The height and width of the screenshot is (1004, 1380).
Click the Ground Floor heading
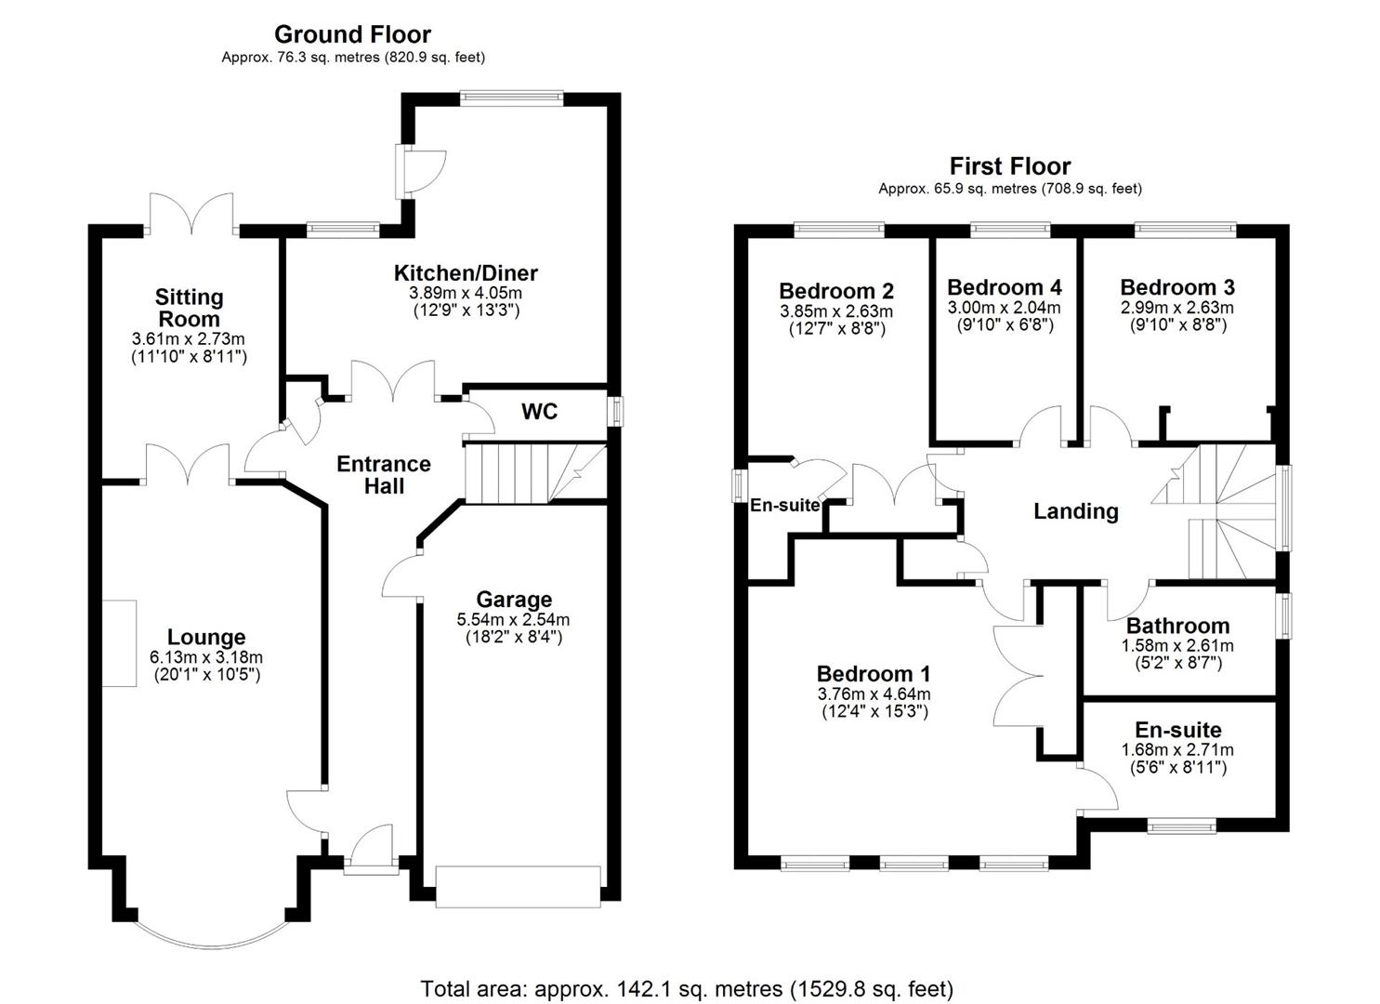[352, 35]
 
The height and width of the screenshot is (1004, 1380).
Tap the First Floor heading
[1009, 166]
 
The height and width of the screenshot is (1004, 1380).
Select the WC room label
[539, 412]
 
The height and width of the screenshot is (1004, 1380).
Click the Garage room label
[513, 600]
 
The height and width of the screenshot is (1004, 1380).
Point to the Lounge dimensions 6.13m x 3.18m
[206, 657]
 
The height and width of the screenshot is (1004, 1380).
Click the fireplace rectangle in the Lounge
[119, 643]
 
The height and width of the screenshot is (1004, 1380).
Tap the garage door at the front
[518, 886]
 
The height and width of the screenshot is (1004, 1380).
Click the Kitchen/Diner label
[466, 273]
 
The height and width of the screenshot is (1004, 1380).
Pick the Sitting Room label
[189, 308]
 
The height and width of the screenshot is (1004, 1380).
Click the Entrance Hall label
[384, 474]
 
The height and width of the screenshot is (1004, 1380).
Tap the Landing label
[1075, 511]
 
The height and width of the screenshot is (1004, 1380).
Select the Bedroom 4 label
[1004, 287]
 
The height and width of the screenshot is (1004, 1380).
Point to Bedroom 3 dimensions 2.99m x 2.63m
[1176, 308]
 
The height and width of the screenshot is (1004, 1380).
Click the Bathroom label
[1177, 626]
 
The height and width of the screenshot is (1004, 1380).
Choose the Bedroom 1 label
[873, 674]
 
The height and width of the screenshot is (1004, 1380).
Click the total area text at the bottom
[687, 988]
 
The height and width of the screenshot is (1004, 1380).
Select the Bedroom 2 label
[835, 291]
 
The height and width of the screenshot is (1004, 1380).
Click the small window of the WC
[616, 412]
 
